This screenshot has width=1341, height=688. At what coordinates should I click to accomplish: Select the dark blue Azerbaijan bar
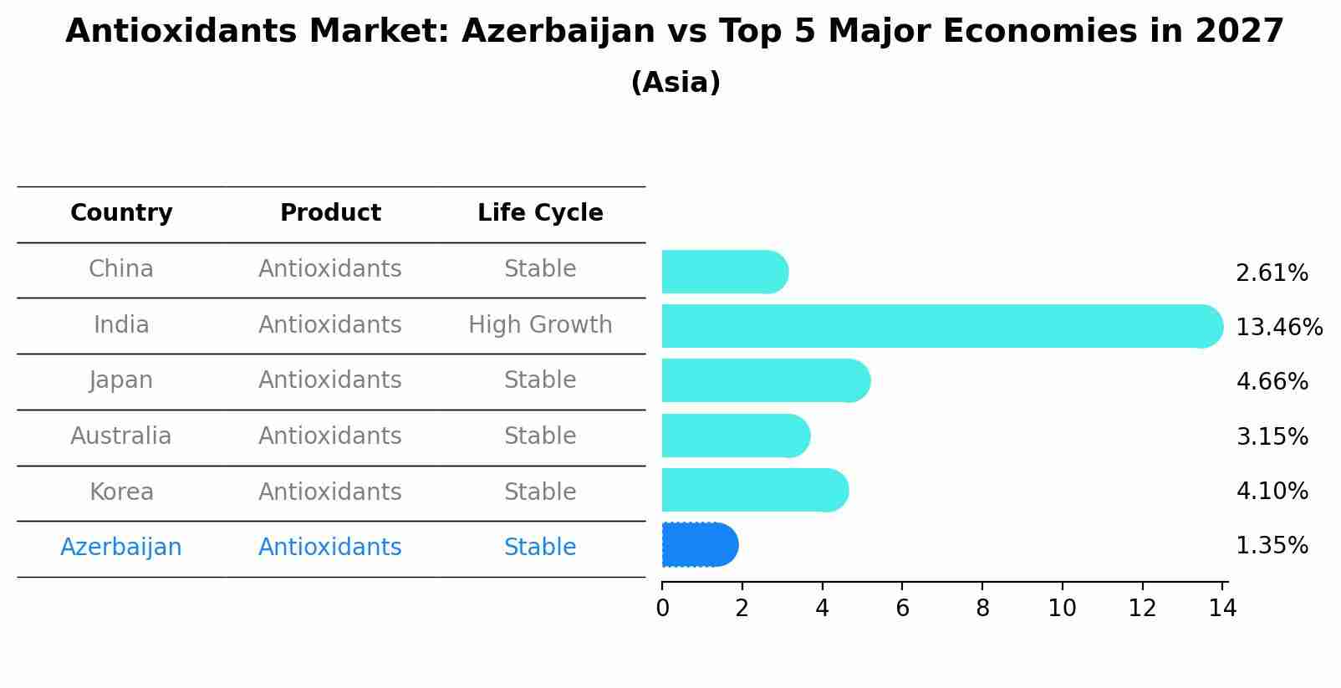[x=699, y=545]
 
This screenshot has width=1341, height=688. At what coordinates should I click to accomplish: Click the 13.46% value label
[x=1278, y=327]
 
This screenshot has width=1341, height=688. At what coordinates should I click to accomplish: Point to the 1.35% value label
[x=1272, y=546]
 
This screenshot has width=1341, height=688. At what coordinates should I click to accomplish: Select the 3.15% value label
[x=1272, y=436]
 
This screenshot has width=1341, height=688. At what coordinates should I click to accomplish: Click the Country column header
[x=121, y=213]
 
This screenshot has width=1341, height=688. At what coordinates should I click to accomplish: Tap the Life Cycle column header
[x=540, y=213]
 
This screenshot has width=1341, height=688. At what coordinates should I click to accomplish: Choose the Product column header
[x=330, y=213]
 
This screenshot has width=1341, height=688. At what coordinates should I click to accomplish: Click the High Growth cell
[x=540, y=325]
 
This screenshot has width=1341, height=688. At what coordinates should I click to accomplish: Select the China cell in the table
[x=121, y=269]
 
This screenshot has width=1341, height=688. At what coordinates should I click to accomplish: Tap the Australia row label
[x=121, y=436]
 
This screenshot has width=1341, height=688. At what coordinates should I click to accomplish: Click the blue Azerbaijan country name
[x=121, y=548]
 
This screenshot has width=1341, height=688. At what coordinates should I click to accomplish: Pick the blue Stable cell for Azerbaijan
[x=540, y=548]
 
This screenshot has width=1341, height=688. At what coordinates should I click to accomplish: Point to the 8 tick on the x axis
[x=982, y=609]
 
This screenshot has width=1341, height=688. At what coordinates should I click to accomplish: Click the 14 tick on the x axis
[x=1222, y=609]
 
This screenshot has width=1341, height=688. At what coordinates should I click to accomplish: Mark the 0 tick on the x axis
[x=662, y=609]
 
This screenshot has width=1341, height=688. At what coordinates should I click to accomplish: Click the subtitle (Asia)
[x=676, y=83]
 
